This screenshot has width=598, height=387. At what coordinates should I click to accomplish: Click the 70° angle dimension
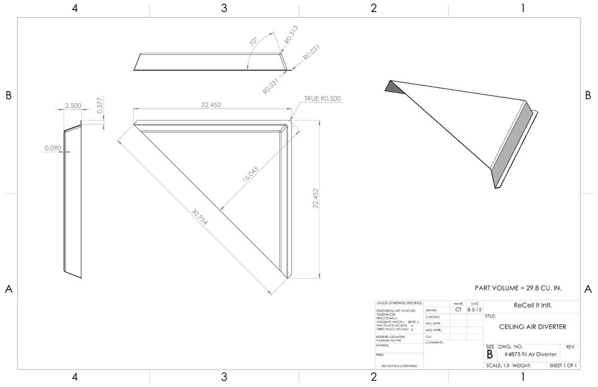click(254, 42)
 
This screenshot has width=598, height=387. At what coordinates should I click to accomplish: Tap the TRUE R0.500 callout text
click(324, 99)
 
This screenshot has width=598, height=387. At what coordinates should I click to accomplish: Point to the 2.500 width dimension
click(72, 105)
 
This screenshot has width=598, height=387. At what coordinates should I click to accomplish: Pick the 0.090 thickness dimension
click(52, 147)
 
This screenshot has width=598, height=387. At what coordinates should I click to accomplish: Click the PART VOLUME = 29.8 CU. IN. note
click(518, 288)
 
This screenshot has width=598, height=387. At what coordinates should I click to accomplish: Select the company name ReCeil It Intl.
click(533, 305)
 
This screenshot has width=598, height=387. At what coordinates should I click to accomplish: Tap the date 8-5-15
click(474, 310)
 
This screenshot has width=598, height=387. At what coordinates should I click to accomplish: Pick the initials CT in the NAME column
click(458, 310)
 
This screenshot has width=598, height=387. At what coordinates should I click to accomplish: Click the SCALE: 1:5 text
click(498, 365)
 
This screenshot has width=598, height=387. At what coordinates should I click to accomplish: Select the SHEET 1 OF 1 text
click(563, 365)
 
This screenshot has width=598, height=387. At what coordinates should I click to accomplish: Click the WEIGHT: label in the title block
click(522, 365)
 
